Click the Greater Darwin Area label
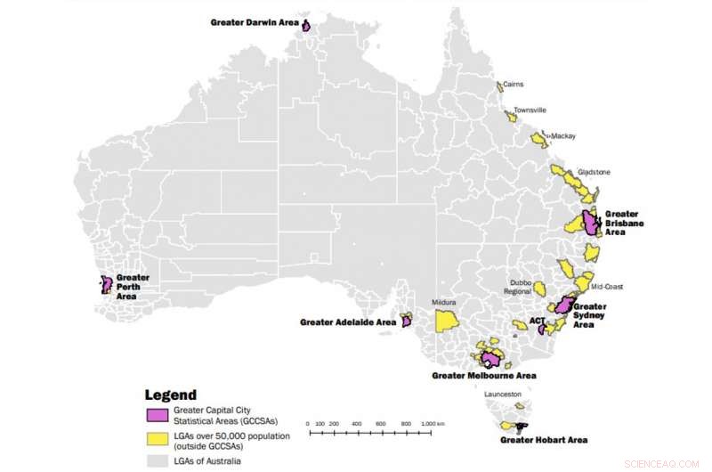[255, 21]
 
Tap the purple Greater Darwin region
[306, 26]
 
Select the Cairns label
[513, 85]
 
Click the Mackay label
[563, 136]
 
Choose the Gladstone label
[595, 172]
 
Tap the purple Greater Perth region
[106, 284]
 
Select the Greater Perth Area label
[132, 286]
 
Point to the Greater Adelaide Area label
[348, 322]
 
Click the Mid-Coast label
[609, 288]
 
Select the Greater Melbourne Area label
[483, 376]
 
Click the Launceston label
[504, 394]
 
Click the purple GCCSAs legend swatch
[158, 415]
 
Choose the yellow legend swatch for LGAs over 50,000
[158, 440]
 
